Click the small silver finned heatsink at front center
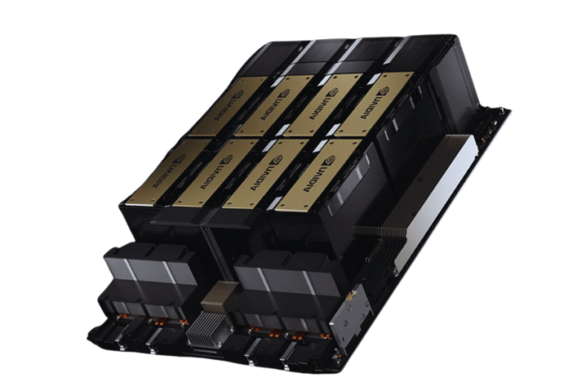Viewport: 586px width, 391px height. [x=206, y=330]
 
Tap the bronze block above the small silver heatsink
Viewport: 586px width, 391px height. [x=224, y=294]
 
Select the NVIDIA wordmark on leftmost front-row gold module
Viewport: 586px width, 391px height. [x=152, y=176]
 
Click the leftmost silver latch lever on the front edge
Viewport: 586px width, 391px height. [x=122, y=336]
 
